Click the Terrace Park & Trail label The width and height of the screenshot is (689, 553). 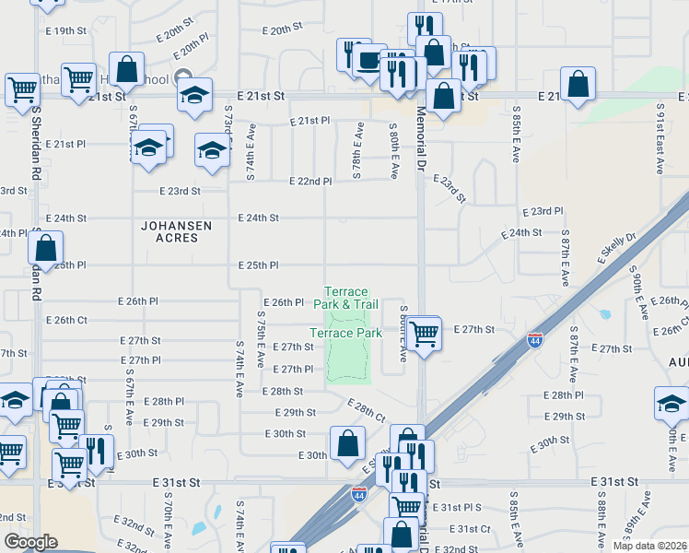point(345,298)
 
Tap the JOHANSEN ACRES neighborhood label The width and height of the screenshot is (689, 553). point(176,231)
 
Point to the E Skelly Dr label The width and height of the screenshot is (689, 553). point(617,250)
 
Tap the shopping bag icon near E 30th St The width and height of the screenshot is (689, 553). point(347,443)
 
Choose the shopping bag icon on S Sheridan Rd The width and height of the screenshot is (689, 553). point(45,247)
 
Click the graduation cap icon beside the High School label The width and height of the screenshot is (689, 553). point(194,96)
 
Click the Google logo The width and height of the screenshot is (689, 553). point(30,542)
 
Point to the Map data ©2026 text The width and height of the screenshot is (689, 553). point(649,546)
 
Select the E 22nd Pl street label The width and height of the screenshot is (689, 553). point(309,182)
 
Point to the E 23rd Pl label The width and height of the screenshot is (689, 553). point(542,211)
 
